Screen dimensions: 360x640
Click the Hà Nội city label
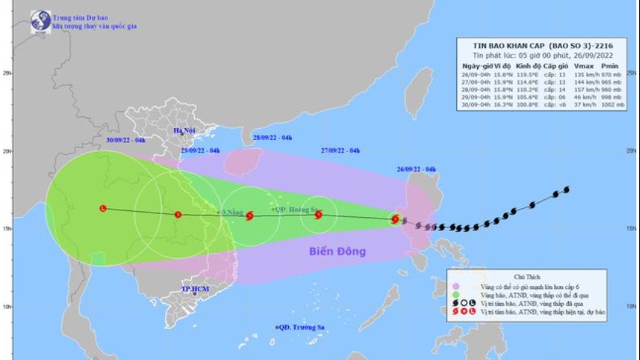183,131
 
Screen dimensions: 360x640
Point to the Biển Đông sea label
337,251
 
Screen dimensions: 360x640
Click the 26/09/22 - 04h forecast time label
416,170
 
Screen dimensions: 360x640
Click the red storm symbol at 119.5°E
396,219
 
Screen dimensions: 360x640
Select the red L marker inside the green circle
103,208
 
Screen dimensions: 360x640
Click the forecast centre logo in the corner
41,21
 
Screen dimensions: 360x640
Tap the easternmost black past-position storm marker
567,190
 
